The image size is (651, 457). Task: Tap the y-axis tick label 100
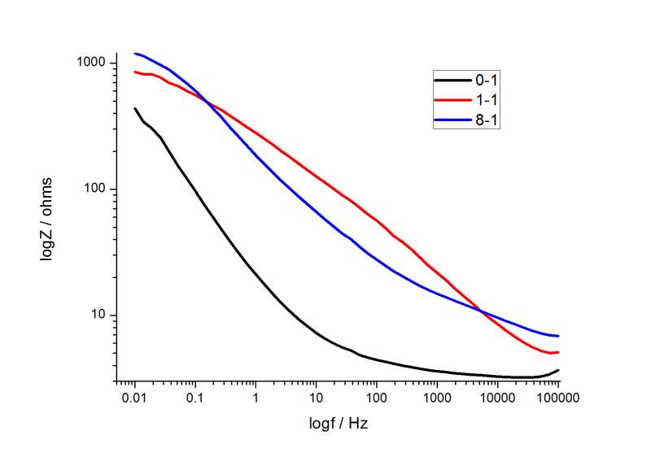(99, 189)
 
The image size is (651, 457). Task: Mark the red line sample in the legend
(453, 100)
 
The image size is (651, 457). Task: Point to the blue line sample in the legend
(453, 120)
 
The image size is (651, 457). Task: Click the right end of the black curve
(558, 370)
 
